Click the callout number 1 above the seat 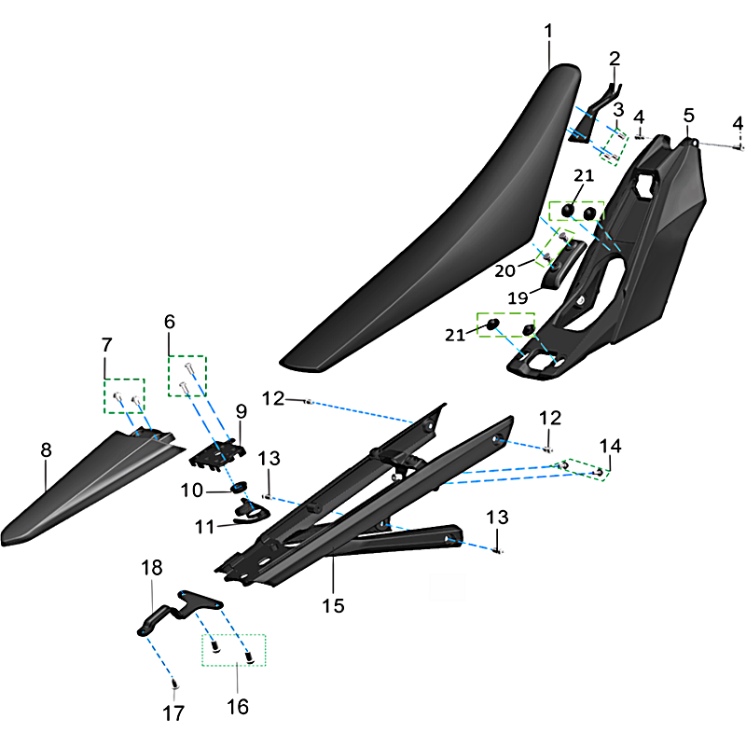pos(548,31)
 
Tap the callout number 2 pos(614,59)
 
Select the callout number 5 pos(688,116)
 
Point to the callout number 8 pos(46,450)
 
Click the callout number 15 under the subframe pos(333,606)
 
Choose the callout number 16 pos(238,707)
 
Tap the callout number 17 pos(174,713)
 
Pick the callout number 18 pos(151,569)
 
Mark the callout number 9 pos(241,410)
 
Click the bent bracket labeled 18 pos(177,611)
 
